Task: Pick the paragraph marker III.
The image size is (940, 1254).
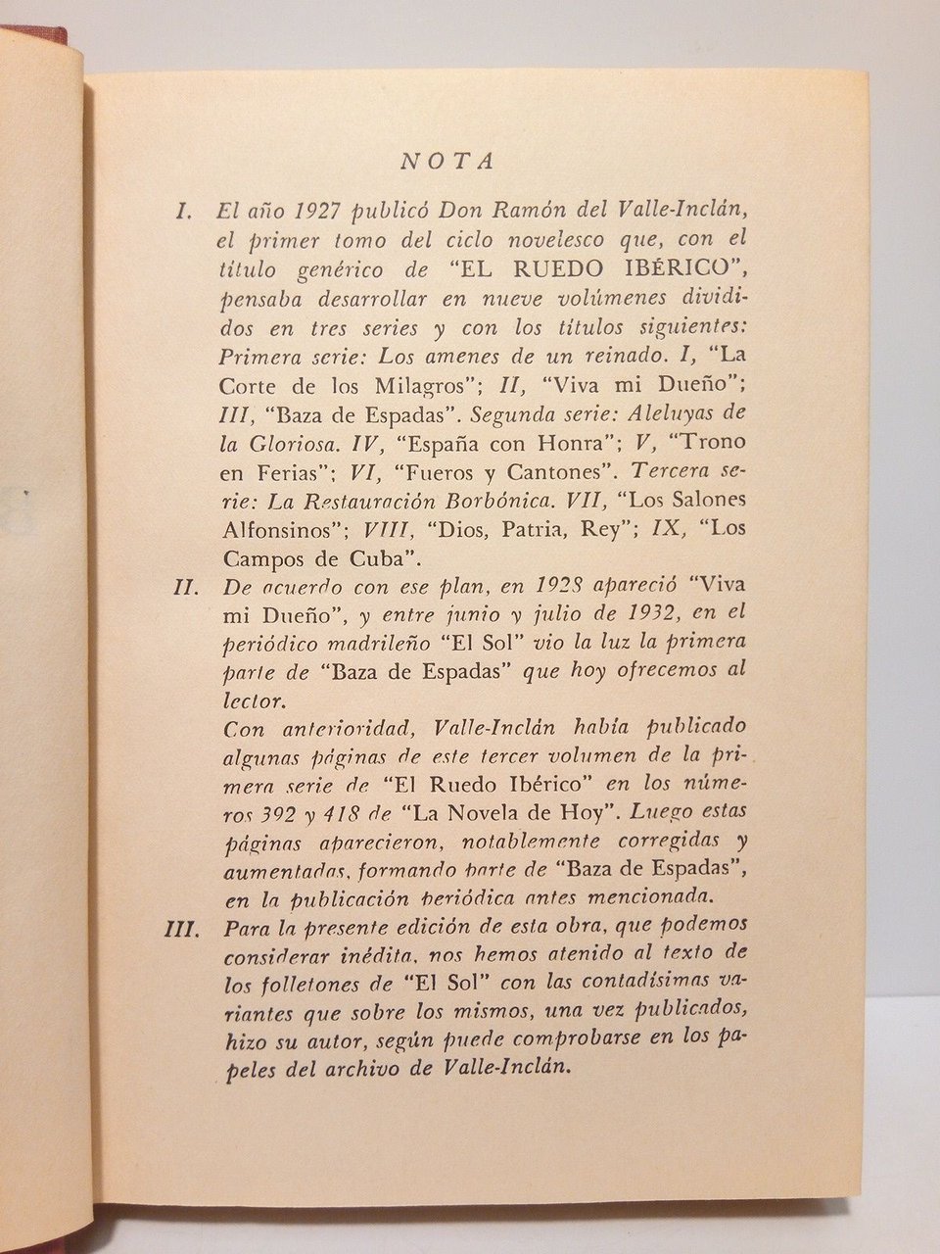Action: [182, 927]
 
